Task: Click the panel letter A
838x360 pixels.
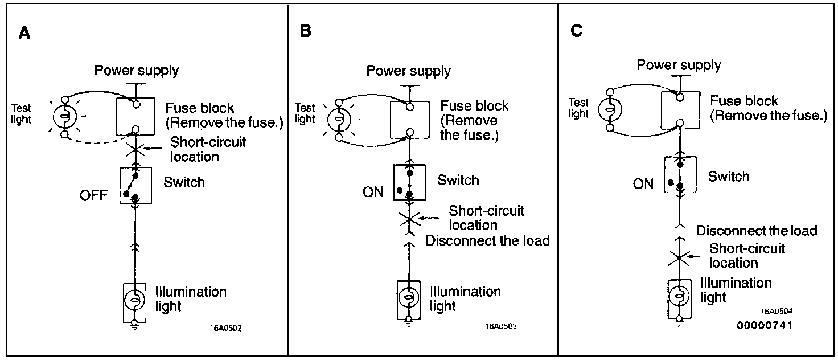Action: (x=24, y=33)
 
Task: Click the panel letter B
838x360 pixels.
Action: (x=306, y=31)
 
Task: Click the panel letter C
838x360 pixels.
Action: (x=576, y=31)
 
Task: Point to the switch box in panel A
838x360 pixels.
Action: (x=135, y=185)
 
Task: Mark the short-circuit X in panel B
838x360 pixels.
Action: (x=409, y=219)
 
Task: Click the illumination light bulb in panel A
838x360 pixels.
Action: (x=135, y=300)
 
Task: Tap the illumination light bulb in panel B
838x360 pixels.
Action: (x=408, y=297)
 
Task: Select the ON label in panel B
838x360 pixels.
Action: (x=373, y=191)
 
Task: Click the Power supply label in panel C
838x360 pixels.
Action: (x=679, y=65)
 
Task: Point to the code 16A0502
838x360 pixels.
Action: (x=226, y=329)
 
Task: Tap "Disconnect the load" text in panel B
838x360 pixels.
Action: (x=488, y=240)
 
